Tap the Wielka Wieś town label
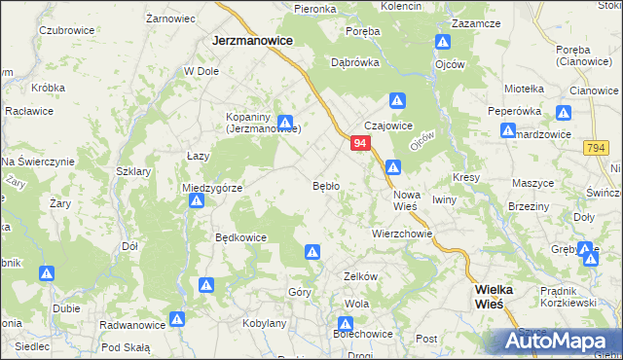pos(501,296)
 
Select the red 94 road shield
pos(360,143)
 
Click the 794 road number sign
pos(597,147)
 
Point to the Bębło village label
pos(325,185)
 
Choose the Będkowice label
pos(240,236)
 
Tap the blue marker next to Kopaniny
pos(285,123)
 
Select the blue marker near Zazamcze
pos(443,43)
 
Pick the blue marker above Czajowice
pos(397,100)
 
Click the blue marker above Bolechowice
pos(346,324)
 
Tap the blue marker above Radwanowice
pos(177,318)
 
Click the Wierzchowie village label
pos(401,234)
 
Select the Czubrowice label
pos(65,30)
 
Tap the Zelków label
pos(360,276)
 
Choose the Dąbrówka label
pos(354,61)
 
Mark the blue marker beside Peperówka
pos(505,135)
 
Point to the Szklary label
pos(134,171)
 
